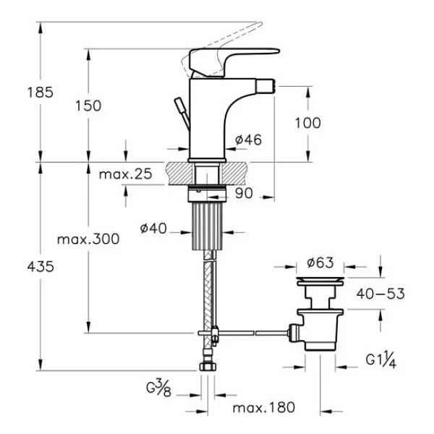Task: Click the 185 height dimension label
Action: (40, 92)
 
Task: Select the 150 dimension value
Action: (88, 106)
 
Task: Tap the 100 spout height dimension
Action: (308, 123)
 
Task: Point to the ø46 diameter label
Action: (248, 140)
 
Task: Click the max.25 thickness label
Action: (126, 174)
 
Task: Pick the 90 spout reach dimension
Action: (244, 193)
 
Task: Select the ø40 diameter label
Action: (153, 229)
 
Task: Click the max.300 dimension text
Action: (88, 239)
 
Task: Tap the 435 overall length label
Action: (41, 267)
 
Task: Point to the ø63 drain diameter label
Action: (320, 263)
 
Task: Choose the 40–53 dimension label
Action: (380, 294)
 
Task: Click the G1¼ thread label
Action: (381, 361)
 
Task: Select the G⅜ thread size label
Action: (159, 388)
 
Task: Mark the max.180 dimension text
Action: (264, 408)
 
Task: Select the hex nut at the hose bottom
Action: (208, 367)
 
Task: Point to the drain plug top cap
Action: (320, 281)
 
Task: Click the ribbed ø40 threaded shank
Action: (208, 226)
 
